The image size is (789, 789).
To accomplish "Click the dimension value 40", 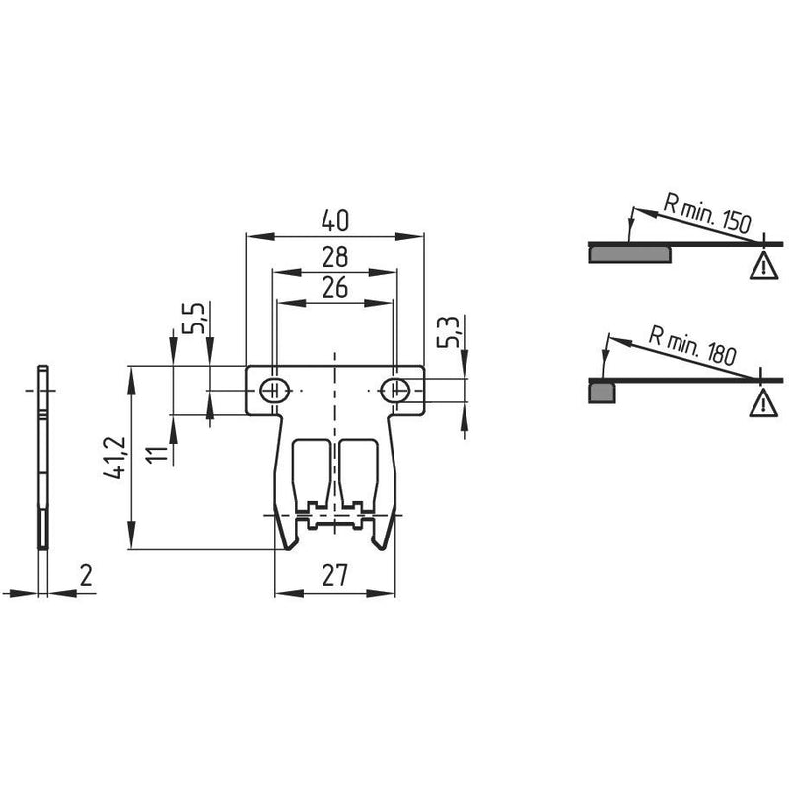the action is tap(334, 221).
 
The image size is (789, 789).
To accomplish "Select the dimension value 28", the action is tap(334, 257).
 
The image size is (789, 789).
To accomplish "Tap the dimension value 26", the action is tap(334, 288).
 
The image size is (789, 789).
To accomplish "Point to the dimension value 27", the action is tap(334, 575).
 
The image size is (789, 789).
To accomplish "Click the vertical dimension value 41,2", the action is tap(114, 458).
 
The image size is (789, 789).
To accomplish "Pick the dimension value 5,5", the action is tap(193, 318).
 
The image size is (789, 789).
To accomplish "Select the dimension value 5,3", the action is tap(448, 331).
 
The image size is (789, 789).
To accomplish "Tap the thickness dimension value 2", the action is tap(86, 575).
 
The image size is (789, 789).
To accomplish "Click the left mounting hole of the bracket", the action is tap(275, 390).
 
